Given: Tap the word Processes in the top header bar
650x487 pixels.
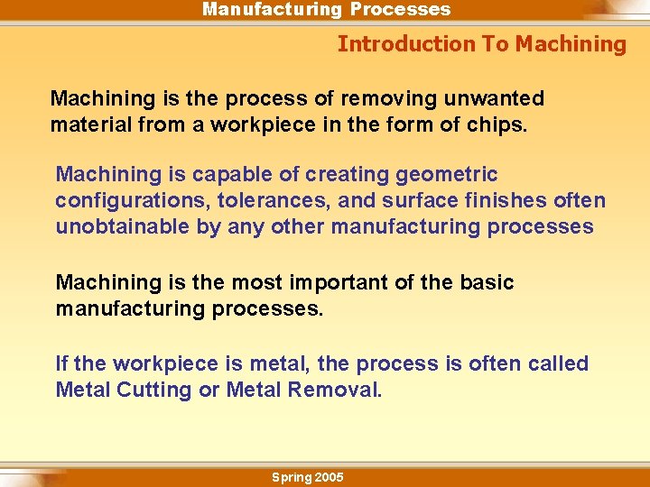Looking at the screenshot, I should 400,10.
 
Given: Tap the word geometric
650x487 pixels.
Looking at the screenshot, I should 450,174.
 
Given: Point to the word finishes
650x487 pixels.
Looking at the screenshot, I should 517,200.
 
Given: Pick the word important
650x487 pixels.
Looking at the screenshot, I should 338,282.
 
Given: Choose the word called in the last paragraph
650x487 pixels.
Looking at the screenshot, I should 558,363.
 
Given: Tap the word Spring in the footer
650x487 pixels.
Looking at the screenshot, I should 290,477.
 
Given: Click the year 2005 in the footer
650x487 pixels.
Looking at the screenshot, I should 328,477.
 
